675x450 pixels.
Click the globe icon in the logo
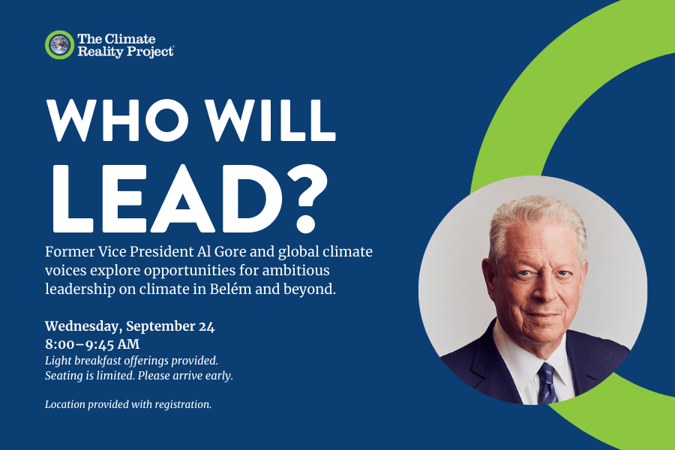coord(59,45)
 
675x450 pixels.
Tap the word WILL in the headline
coord(270,120)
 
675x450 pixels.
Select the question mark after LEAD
coord(307,199)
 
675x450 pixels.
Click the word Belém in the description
coord(231,289)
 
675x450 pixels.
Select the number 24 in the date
coord(207,326)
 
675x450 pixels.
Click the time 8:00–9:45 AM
coord(92,344)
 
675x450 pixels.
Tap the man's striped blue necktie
coord(547,384)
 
